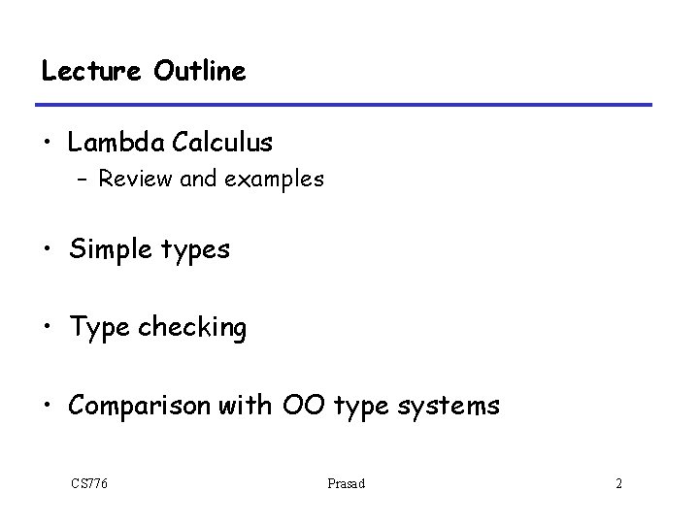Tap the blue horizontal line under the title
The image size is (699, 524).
pos(346,104)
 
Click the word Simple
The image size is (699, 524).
pos(107,249)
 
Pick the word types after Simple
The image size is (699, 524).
pos(191,251)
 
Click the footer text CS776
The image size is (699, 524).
pos(88,482)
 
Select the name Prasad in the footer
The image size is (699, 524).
pos(347,482)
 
